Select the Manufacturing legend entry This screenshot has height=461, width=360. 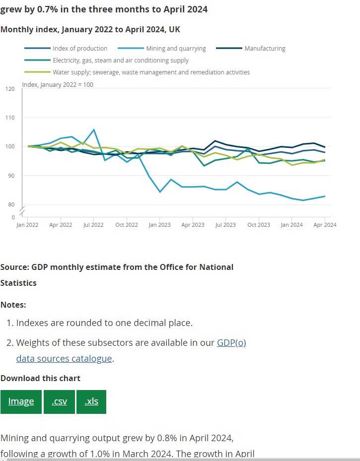(265, 49)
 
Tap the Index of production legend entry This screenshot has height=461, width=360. (80, 49)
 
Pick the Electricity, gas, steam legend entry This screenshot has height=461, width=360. (121, 60)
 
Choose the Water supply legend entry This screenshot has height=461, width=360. (151, 72)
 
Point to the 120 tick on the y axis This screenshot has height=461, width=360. (10, 89)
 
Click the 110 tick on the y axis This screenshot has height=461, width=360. (10, 118)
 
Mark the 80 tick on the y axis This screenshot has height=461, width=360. (11, 204)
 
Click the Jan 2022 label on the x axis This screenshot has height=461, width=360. (27, 225)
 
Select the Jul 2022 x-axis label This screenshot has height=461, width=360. (93, 225)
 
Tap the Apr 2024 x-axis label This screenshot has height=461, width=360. (325, 225)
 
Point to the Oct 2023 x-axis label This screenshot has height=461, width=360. (259, 225)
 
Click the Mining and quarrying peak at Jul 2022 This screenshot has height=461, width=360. (94, 130)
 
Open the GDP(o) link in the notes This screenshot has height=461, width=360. (231, 343)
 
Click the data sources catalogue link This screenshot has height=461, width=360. (64, 358)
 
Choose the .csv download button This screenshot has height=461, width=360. (59, 401)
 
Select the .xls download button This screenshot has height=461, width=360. (91, 401)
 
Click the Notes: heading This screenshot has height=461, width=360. (13, 305)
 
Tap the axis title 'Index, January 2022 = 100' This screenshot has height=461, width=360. (58, 84)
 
